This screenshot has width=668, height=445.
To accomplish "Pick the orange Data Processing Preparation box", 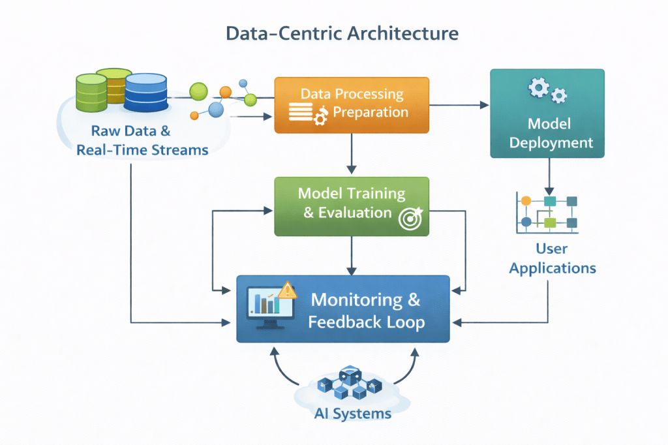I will (352, 104).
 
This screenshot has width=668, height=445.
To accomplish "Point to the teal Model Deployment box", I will (547, 114).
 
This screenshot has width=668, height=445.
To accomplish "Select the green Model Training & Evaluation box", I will (352, 206).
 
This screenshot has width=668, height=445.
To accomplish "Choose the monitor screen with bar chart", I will (265, 304).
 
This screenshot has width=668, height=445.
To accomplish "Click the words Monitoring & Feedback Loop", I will (366, 311).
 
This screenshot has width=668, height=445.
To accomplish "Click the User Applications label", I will (552, 258).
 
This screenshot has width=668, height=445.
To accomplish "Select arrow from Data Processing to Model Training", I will (352, 154).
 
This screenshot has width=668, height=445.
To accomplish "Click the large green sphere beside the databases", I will (198, 91).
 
